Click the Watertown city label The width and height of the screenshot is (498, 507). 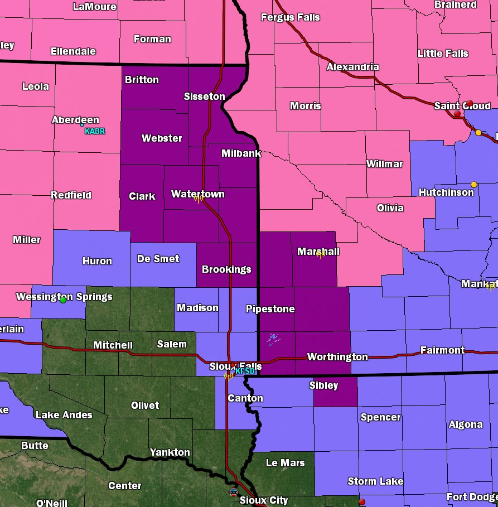[197, 194]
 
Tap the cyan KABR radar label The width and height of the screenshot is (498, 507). [95, 132]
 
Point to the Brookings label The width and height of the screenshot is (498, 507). [226, 269]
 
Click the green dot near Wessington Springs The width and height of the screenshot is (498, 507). [63, 300]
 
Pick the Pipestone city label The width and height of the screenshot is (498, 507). [270, 309]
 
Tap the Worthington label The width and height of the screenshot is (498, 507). [337, 357]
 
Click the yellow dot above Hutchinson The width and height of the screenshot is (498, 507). [474, 185]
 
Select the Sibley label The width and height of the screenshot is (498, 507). [323, 385]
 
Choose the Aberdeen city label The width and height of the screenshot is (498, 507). [75, 120]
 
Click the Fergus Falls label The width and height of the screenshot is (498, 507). [291, 17]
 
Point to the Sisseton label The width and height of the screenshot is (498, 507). [205, 96]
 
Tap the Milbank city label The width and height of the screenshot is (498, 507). [241, 153]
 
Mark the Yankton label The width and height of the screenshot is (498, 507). [170, 452]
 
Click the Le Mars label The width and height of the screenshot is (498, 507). [286, 462]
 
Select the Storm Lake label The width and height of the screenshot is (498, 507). [375, 481]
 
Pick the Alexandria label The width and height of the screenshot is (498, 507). [352, 67]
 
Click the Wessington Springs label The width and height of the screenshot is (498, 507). [64, 297]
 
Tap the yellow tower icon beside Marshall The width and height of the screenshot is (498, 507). [321, 254]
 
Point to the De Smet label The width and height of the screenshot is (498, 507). [158, 259]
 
